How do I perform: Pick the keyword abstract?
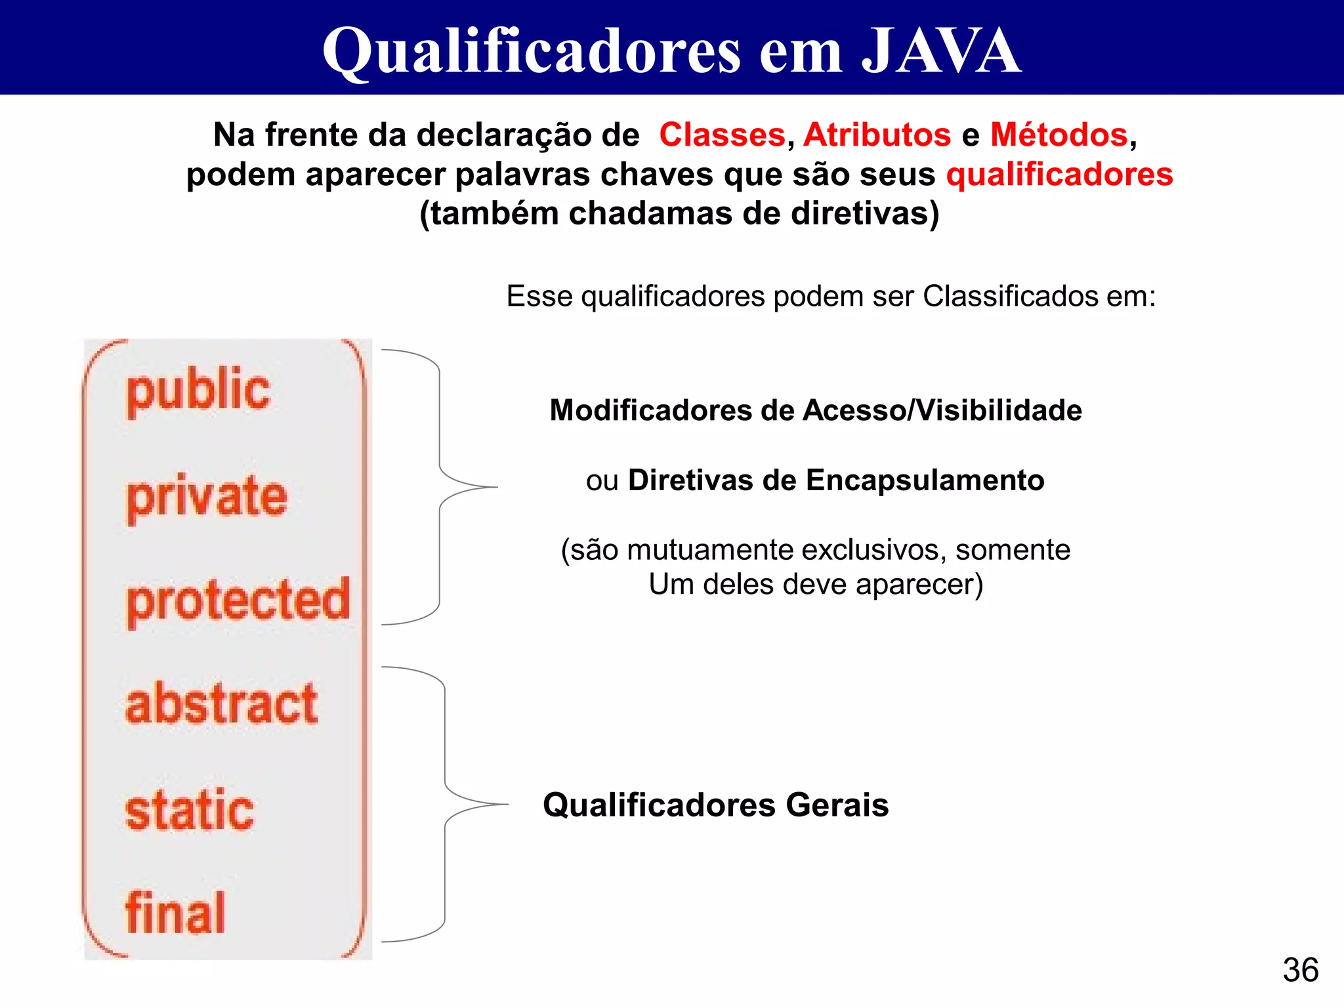coord(221,703)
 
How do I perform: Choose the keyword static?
coord(189,810)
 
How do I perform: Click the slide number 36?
coord(1300,970)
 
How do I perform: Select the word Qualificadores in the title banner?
coord(531,51)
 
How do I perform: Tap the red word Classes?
coord(722,135)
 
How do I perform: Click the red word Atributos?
coord(877,135)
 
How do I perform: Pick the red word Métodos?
coord(1059,135)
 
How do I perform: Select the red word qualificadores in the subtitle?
coord(1059,175)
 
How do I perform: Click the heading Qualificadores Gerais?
coord(715,805)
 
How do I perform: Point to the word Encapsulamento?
coord(925,480)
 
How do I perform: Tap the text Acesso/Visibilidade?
coord(942,411)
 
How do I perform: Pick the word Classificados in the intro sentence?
coord(1010,297)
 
